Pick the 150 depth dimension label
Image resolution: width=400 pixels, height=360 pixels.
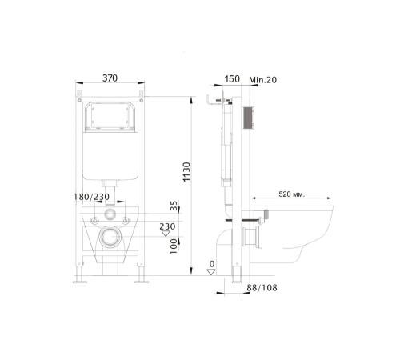[x=232, y=78]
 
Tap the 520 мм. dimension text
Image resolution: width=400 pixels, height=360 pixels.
[x=290, y=194]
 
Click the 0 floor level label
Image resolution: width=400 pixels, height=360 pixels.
[x=212, y=263]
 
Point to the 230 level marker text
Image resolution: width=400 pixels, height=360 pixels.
[x=166, y=226]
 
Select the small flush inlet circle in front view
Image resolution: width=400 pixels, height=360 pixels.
[x=110, y=218]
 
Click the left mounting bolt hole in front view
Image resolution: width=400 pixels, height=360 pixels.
[x=94, y=218]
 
